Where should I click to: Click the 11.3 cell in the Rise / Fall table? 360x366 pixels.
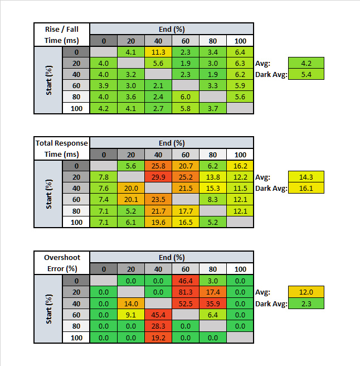coord(158,52)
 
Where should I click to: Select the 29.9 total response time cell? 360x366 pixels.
coord(158,177)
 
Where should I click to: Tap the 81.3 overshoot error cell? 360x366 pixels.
coord(186,291)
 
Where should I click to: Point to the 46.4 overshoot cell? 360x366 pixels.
coord(186,281)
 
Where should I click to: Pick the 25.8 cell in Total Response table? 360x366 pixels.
coord(158,166)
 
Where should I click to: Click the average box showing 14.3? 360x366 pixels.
coord(306,177)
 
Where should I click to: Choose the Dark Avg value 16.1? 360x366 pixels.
coord(306,189)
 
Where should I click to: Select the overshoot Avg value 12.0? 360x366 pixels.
coord(306,291)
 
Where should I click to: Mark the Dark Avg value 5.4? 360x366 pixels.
coord(306,74)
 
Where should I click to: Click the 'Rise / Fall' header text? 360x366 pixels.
coord(61,29)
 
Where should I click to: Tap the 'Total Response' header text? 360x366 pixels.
coord(61,143)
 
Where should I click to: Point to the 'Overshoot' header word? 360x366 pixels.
coord(61,258)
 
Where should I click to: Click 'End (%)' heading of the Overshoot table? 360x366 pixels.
coord(172,258)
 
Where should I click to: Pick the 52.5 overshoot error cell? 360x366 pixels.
coord(186,303)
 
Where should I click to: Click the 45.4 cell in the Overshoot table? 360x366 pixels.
coord(158,314)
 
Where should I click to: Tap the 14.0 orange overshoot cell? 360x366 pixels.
coord(130,303)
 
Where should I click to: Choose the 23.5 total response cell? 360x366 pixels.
coord(158,200)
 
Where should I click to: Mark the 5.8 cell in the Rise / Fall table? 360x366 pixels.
coord(186,108)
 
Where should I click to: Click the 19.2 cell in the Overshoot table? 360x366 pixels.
coord(158,337)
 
